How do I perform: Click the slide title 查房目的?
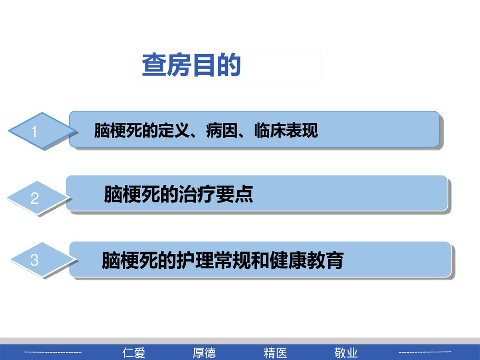tap(191, 66)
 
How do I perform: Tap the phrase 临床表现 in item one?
tap(286, 131)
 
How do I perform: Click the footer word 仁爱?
tap(134, 353)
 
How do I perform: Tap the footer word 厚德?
tap(204, 353)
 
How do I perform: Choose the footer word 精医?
tap(276, 353)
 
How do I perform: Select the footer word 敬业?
tap(346, 353)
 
